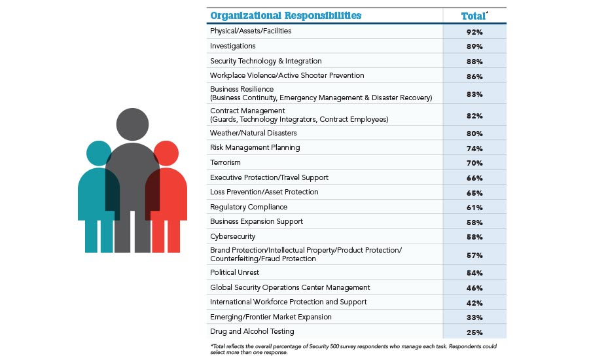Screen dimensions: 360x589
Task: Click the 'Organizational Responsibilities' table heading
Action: click(x=285, y=15)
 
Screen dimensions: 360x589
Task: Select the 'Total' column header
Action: click(x=474, y=15)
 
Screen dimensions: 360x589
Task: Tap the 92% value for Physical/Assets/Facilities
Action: click(x=474, y=31)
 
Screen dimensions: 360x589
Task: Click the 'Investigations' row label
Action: click(x=232, y=46)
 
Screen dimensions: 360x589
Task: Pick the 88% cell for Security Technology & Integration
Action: click(x=474, y=62)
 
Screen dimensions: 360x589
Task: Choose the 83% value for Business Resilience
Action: click(x=474, y=94)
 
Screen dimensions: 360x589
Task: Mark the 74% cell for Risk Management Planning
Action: click(x=474, y=149)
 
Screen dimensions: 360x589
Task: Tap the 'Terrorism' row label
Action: click(x=225, y=162)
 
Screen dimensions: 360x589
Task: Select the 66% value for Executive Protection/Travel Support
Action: click(x=474, y=178)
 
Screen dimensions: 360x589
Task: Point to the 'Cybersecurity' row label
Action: click(x=232, y=236)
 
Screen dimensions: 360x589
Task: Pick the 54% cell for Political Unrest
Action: click(x=474, y=273)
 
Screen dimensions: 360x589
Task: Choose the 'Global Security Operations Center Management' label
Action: click(x=290, y=287)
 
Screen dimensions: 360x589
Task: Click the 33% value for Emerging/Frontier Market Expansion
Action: click(x=474, y=317)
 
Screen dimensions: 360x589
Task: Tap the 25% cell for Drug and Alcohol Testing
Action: click(x=474, y=332)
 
